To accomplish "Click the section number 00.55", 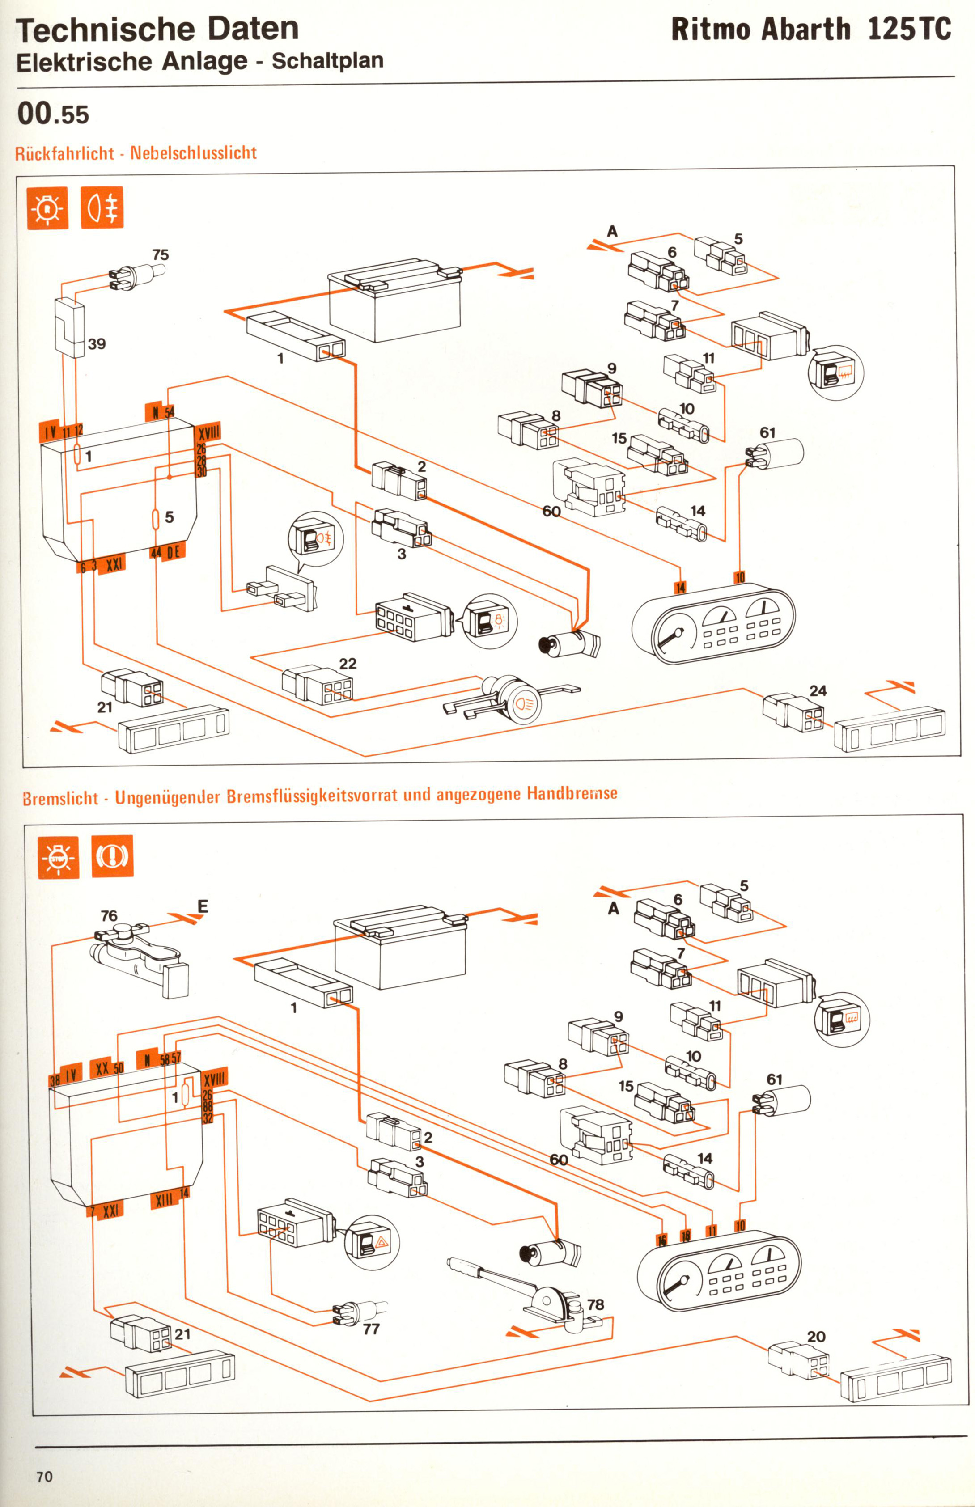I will click(x=53, y=114).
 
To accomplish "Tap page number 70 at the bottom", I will click(x=44, y=1477).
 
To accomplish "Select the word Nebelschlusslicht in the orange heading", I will click(x=193, y=152).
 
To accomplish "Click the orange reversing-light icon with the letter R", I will click(x=47, y=207).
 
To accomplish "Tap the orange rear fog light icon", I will click(x=102, y=207).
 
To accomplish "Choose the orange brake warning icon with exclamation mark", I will click(x=112, y=856).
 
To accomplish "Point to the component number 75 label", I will click(x=161, y=255).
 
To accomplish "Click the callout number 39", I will click(x=96, y=344).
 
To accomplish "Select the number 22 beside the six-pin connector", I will click(x=348, y=663).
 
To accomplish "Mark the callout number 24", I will click(x=818, y=690).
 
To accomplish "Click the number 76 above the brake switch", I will click(x=109, y=916).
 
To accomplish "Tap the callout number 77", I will click(x=371, y=1329).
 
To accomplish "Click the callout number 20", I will click(x=816, y=1337).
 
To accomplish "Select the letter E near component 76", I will click(x=203, y=906).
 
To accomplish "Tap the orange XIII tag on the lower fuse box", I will click(x=164, y=1199).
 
